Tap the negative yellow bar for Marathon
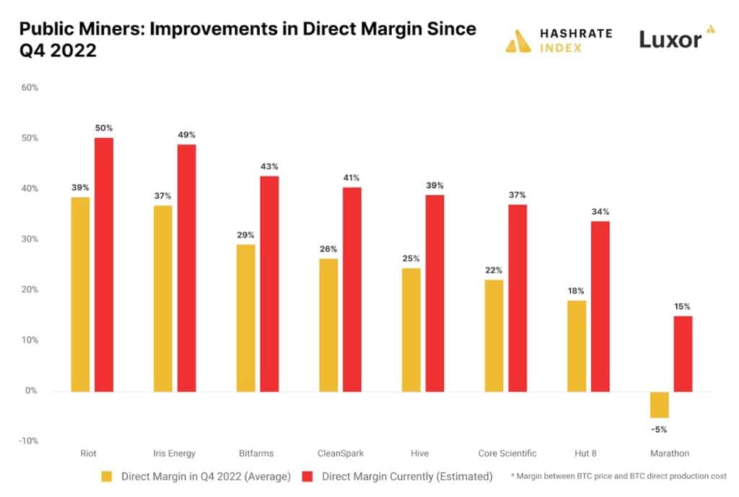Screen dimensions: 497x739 [x=660, y=404]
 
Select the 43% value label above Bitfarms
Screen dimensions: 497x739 [x=269, y=167]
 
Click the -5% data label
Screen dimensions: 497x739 [x=660, y=430]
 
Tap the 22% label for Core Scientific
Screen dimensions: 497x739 [x=494, y=271]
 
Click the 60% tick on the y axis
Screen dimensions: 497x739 [x=30, y=87]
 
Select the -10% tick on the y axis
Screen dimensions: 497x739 [x=28, y=441]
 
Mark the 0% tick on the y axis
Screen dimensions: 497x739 [x=32, y=391]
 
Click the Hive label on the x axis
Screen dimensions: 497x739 [x=419, y=454]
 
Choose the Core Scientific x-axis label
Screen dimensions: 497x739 [x=507, y=454]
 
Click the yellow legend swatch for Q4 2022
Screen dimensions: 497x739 [x=106, y=477]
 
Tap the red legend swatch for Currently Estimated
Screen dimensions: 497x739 [x=306, y=477]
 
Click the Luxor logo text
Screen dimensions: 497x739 [x=670, y=40]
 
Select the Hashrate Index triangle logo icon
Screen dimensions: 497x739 [x=518, y=41]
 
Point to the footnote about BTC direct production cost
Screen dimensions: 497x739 [x=618, y=477]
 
